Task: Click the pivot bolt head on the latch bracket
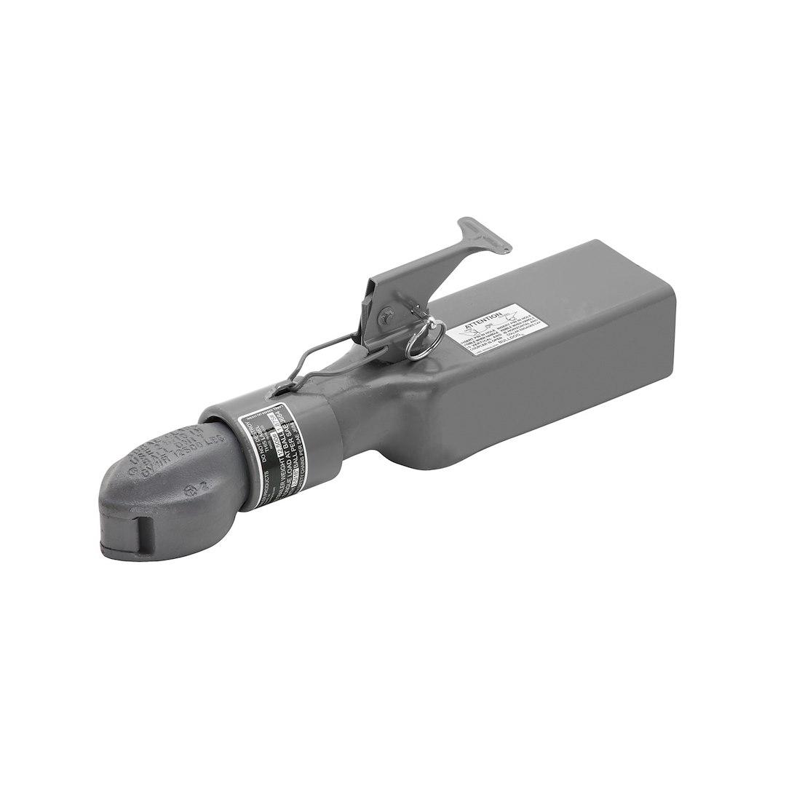tap(386, 315)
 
